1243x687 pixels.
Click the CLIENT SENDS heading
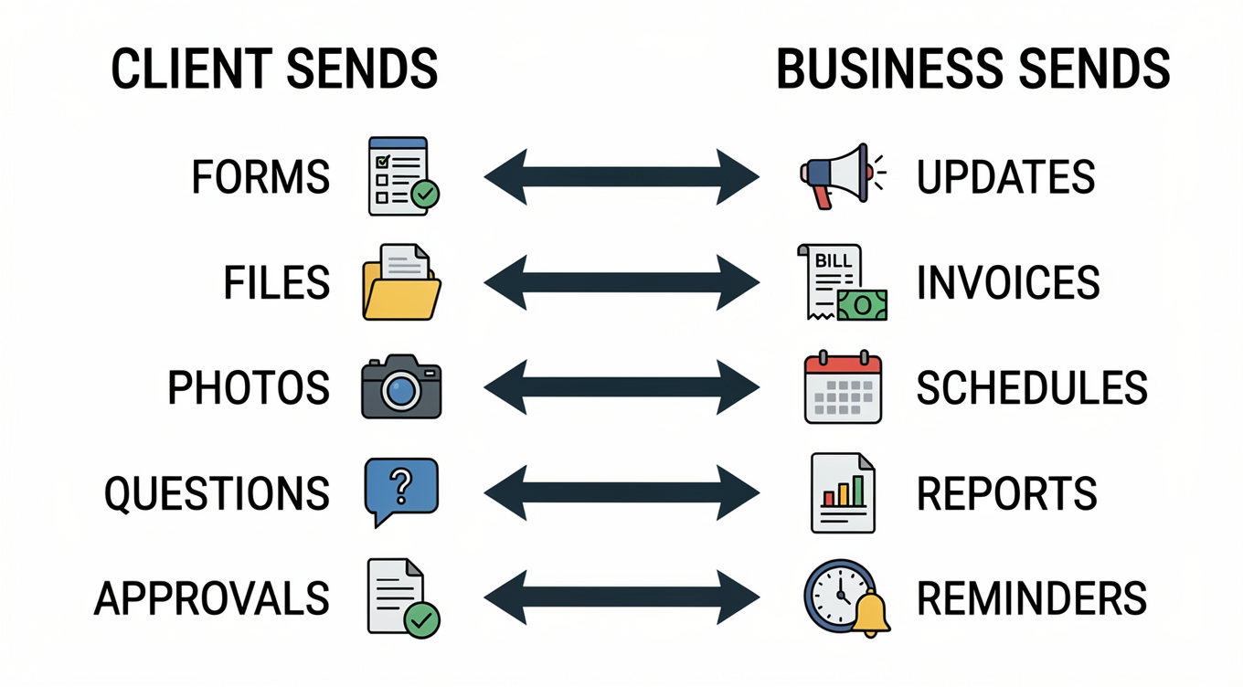click(x=274, y=70)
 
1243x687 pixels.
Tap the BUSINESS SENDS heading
click(x=972, y=70)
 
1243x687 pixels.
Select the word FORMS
click(x=260, y=177)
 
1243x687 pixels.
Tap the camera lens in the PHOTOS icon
click(x=400, y=391)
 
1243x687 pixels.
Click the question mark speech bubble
click(x=401, y=491)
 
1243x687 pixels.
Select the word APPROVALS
click(x=212, y=599)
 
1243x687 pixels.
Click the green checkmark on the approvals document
click(x=421, y=619)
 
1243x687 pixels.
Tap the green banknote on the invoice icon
click(x=862, y=304)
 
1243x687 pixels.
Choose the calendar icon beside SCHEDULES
click(x=843, y=387)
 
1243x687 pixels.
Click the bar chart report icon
click(x=843, y=493)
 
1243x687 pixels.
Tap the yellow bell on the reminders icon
click(x=869, y=614)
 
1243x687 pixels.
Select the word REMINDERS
click(x=1031, y=599)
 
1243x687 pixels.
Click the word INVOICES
click(x=1008, y=283)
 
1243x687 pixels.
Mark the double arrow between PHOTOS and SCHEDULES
click(x=621, y=388)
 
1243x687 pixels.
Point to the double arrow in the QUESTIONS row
click(x=621, y=494)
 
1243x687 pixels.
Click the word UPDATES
click(x=1005, y=177)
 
